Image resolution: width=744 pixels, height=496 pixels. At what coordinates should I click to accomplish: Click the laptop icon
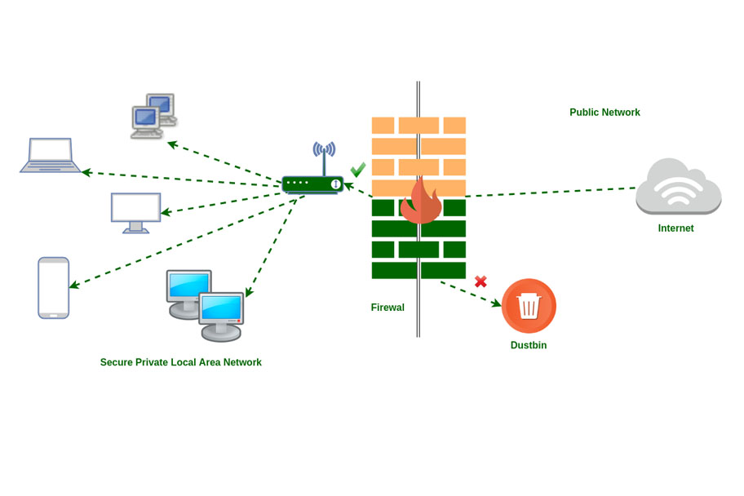(51, 155)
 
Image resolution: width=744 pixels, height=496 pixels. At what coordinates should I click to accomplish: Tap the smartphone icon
(54, 287)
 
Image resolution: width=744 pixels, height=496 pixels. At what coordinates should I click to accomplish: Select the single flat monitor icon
(136, 212)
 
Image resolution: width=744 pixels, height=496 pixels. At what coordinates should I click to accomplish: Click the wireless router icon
(312, 184)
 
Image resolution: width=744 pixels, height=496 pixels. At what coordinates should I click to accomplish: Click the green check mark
(357, 170)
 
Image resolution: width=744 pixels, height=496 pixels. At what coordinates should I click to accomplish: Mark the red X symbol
(480, 281)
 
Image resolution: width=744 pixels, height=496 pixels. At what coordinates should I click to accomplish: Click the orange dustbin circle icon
(529, 306)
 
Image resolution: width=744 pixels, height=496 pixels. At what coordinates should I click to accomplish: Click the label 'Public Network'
(604, 113)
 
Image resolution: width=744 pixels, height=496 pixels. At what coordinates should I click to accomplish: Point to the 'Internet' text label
(675, 228)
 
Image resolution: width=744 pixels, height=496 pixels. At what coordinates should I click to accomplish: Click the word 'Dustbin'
(529, 345)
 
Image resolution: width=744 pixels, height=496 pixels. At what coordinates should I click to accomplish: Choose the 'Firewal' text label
(387, 308)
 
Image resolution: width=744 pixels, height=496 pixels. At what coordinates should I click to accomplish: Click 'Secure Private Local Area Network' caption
(181, 362)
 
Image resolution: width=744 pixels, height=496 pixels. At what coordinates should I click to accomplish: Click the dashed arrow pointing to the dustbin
(471, 294)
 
